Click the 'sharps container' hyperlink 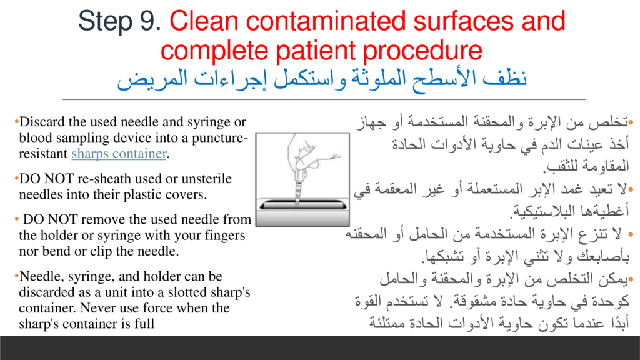tap(119, 154)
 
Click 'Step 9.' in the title tap(120, 21)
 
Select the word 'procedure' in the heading tap(422, 51)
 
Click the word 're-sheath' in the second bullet tap(103, 178)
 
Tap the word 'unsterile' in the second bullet tap(206, 178)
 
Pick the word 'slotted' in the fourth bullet tap(187, 292)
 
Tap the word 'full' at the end tap(144, 324)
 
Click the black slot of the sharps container tap(303, 205)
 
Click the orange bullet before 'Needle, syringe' tap(17, 276)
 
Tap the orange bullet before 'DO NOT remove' tap(17, 219)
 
